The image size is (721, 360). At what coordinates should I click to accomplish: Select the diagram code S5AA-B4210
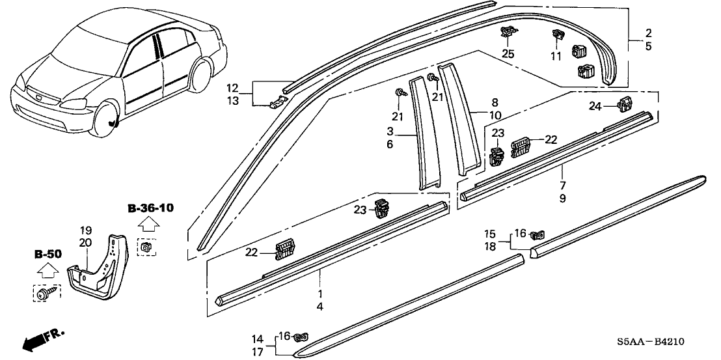click(659, 342)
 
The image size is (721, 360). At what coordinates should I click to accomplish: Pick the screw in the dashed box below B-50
click(45, 294)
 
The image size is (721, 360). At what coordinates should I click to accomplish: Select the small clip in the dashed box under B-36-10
click(146, 247)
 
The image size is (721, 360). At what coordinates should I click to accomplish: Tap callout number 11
click(555, 57)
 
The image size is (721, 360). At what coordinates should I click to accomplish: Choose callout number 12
click(232, 87)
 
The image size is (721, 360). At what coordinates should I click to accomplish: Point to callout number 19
click(85, 230)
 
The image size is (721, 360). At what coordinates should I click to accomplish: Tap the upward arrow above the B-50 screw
click(46, 270)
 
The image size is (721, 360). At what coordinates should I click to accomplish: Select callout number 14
click(258, 339)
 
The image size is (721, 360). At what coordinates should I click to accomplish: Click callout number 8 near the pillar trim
click(495, 102)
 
